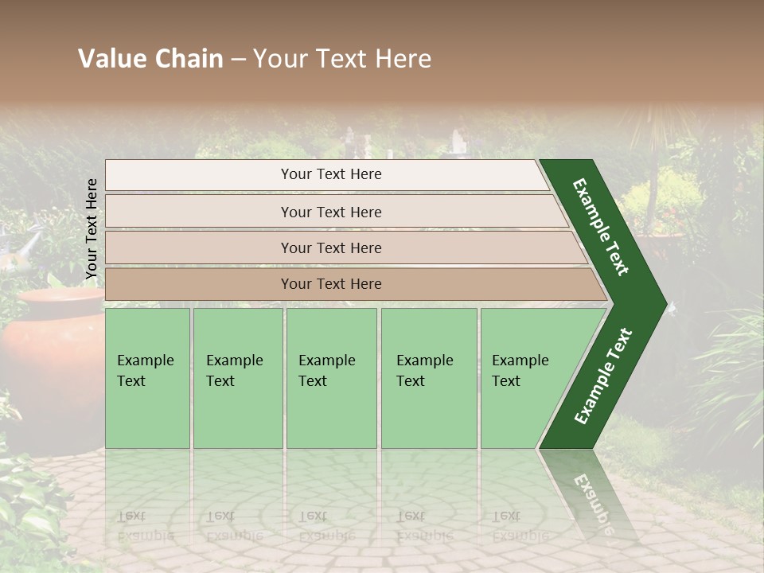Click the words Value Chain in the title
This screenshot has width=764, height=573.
coord(150,59)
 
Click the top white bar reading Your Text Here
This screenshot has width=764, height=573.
coord(330,174)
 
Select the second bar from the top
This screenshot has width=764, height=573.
coord(330,212)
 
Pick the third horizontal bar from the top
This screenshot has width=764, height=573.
coord(330,248)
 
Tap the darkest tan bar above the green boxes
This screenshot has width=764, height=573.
coord(330,284)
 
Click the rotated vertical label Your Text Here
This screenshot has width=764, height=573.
coord(92,229)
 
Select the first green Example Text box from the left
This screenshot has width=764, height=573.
coord(147,377)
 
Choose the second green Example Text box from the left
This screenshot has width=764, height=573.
coord(237,377)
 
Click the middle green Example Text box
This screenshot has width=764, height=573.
coord(331,377)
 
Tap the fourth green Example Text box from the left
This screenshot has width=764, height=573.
coord(428,377)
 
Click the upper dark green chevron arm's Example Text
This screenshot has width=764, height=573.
coord(602,226)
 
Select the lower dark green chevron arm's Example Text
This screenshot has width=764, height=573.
coord(603,376)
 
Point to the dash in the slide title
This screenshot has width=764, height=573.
coord(238,60)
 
